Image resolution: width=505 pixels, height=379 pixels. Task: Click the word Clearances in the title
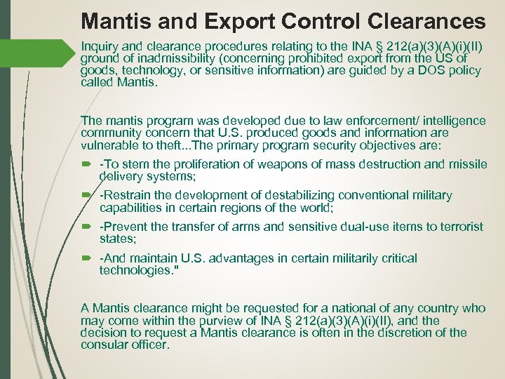coord(427,20)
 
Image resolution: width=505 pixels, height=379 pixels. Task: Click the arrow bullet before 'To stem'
coord(87,164)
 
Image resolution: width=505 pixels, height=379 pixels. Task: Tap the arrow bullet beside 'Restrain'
coord(87,195)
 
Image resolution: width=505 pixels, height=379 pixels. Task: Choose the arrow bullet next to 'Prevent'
coord(87,227)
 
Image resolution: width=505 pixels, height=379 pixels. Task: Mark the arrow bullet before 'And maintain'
coord(87,258)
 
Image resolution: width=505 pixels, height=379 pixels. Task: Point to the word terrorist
coord(458,227)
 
